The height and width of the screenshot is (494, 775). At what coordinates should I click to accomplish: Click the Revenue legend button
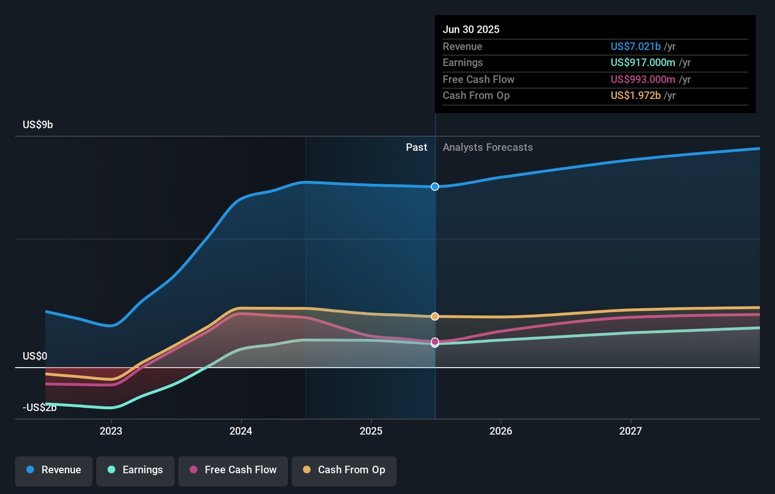[54, 470]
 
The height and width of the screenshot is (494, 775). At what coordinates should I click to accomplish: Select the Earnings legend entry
[135, 470]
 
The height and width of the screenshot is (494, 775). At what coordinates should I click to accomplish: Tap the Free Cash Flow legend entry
[233, 470]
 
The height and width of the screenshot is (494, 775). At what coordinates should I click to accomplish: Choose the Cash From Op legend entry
[344, 470]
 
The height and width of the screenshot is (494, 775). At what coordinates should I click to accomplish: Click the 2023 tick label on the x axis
[111, 431]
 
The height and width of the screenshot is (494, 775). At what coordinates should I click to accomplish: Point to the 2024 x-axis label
[241, 431]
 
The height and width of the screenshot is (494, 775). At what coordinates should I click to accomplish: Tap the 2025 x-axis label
[371, 431]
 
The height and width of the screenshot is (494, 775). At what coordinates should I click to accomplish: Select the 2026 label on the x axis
[501, 431]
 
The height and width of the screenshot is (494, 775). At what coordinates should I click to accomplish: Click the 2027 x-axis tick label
[630, 431]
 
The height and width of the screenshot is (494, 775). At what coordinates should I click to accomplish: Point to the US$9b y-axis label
[38, 125]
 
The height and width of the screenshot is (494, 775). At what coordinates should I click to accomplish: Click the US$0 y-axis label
[35, 356]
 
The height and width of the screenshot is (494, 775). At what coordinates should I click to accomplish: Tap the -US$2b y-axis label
[39, 407]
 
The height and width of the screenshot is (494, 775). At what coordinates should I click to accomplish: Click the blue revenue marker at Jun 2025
[435, 187]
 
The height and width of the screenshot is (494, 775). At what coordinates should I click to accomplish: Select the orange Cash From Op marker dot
[435, 317]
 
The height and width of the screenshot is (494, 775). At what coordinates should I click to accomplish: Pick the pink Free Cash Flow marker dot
[435, 341]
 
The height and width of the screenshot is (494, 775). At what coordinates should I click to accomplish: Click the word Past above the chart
[416, 147]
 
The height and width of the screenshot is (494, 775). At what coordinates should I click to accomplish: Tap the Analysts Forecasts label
[488, 147]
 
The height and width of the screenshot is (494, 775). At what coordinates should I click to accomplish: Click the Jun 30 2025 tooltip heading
[471, 30]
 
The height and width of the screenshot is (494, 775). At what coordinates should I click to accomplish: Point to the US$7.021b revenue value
[636, 47]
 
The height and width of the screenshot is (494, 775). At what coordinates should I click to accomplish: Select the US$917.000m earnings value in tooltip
[643, 63]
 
